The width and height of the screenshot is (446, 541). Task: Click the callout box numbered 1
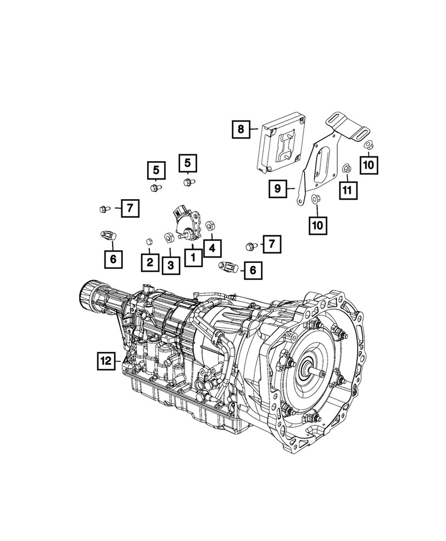192,256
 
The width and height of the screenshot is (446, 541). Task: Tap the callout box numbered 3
170,265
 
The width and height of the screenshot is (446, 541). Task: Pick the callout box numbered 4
212,248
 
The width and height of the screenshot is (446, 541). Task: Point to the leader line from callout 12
120,360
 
